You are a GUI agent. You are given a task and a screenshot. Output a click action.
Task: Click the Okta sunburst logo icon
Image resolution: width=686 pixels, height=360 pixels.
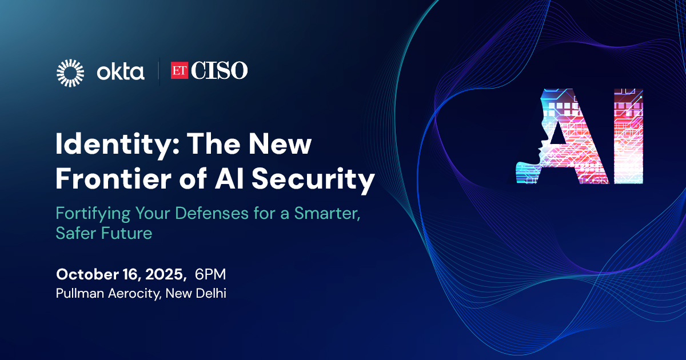tap(70, 73)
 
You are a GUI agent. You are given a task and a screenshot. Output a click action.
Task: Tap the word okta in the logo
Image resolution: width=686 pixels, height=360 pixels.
tap(121, 73)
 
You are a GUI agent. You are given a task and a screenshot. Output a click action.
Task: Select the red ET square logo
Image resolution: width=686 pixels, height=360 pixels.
tap(179, 70)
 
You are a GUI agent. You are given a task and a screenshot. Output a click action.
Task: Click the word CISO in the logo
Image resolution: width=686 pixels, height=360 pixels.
tap(220, 70)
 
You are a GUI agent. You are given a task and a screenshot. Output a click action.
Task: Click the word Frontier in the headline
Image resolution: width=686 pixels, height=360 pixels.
tap(113, 179)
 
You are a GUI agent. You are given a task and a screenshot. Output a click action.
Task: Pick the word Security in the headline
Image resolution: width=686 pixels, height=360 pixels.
tap(313, 181)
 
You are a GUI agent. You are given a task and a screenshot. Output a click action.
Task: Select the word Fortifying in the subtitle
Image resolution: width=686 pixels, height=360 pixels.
tap(93, 214)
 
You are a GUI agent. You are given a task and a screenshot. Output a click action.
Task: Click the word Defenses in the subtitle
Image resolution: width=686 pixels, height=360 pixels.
tap(212, 213)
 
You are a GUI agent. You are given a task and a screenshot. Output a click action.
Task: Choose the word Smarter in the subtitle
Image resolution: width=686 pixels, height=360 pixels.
tap(327, 214)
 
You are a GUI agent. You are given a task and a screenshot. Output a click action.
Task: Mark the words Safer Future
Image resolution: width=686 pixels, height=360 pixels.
tap(104, 233)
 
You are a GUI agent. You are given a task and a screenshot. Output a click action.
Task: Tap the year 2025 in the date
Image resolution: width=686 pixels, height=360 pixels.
tap(165, 275)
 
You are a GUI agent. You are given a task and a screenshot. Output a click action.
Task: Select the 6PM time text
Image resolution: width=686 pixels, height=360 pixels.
tap(210, 274)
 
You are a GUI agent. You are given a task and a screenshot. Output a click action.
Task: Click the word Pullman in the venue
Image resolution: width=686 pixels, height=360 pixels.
tap(80, 293)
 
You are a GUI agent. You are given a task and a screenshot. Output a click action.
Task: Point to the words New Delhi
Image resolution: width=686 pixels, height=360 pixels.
tap(196, 293)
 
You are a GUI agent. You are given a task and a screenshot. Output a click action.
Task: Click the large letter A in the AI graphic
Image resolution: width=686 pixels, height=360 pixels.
tap(563, 137)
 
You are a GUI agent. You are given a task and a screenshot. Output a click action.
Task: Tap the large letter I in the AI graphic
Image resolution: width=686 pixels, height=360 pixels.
tap(628, 137)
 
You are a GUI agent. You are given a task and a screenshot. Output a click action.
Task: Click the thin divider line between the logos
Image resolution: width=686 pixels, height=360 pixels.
tap(159, 73)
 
